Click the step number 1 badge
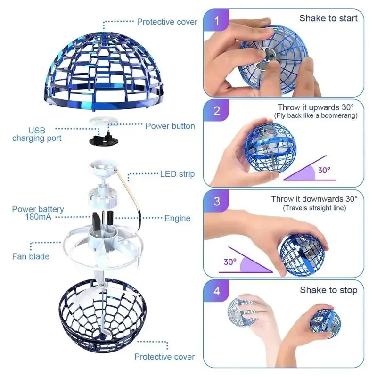point(216,22)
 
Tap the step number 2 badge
point(216,112)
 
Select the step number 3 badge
point(216,201)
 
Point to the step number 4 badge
point(216,291)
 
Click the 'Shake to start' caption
point(328,18)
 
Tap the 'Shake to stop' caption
point(328,290)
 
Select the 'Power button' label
point(170,126)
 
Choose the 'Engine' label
point(177,218)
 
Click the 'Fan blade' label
point(31,256)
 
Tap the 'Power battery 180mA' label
point(38,213)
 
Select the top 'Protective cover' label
point(167,22)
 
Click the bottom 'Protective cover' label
point(164,357)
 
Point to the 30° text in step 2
point(324,170)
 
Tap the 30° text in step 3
point(230,262)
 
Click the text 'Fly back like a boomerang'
point(315,116)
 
